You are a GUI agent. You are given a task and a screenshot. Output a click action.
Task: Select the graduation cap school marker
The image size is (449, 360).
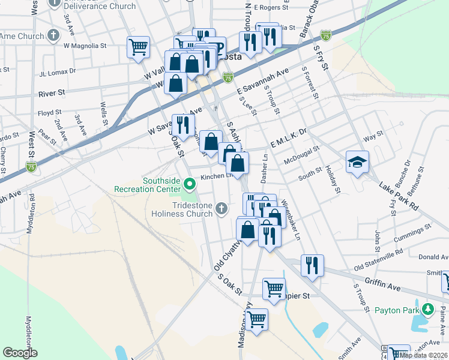pyautogui.click(x=357, y=162)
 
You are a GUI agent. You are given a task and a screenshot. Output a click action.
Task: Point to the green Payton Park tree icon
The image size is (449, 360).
pyautogui.click(x=427, y=310)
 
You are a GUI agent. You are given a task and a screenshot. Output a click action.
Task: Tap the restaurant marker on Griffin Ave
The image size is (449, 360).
pyautogui.click(x=312, y=265)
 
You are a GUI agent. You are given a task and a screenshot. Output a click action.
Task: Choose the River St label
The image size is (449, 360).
pyautogui.click(x=51, y=94)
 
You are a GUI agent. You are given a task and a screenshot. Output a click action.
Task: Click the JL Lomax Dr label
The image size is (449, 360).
pyautogui.click(x=58, y=71)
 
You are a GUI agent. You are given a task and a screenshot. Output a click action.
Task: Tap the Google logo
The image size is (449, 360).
pyautogui.click(x=20, y=353)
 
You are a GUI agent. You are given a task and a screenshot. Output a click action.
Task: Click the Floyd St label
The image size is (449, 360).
pyautogui.click(x=49, y=112)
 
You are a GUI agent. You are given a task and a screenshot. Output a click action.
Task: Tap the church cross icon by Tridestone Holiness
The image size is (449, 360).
pyautogui.click(x=221, y=209)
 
